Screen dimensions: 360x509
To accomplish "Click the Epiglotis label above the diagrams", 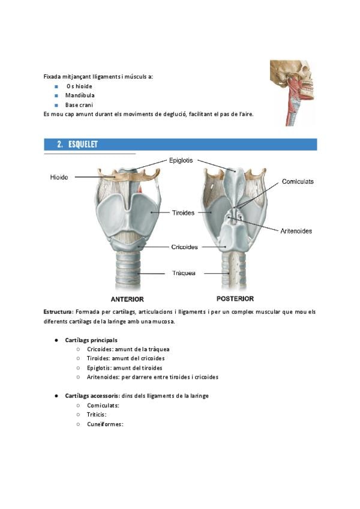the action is (x=181, y=160).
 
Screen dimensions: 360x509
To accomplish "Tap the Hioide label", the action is (x=59, y=177).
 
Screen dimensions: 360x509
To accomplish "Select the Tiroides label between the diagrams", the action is (x=183, y=212).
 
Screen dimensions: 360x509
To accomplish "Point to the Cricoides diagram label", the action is (x=184, y=247).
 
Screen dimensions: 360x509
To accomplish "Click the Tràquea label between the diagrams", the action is (x=184, y=273).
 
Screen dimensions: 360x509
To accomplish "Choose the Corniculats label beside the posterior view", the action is (x=298, y=181).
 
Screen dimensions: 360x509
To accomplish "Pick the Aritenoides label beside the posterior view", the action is (x=296, y=231).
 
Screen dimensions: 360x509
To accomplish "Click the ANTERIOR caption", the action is (x=127, y=300).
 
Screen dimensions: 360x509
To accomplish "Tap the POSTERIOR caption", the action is (x=235, y=299).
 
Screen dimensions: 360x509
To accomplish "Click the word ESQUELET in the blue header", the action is (x=83, y=145).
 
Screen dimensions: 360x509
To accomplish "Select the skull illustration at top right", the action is (x=293, y=93).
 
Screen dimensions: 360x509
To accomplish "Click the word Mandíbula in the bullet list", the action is (x=80, y=95).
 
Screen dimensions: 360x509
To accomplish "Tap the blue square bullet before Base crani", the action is (x=56, y=105).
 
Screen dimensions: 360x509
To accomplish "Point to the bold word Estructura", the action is (x=58, y=312).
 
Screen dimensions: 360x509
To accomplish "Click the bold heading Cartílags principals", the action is (x=91, y=340).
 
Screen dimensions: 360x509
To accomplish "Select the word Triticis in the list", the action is (x=97, y=415).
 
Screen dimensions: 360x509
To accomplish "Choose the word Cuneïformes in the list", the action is (x=105, y=424).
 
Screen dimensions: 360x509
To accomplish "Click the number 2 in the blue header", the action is (x=60, y=145).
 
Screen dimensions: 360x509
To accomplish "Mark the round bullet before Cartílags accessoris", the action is (x=56, y=396).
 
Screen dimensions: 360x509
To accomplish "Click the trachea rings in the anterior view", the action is (x=128, y=270).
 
